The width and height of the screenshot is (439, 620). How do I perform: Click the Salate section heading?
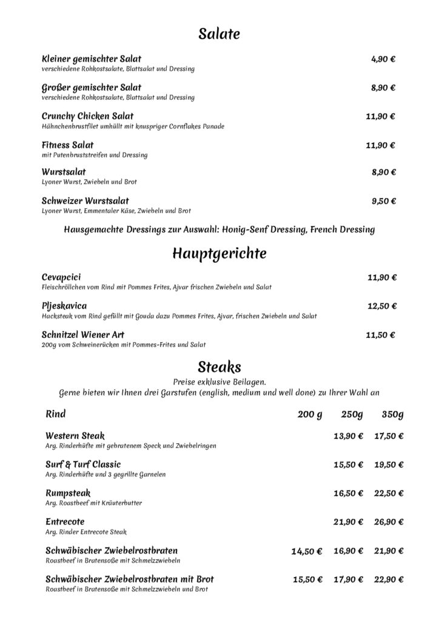tap(219, 35)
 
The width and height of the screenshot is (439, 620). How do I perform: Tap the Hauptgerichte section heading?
tap(219, 252)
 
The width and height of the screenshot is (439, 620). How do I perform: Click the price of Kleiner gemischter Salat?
tap(383, 59)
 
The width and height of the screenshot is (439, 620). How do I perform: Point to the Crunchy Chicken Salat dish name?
tap(88, 116)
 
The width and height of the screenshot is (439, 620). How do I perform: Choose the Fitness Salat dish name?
tap(68, 145)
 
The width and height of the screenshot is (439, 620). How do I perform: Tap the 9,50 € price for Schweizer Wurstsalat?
tap(383, 201)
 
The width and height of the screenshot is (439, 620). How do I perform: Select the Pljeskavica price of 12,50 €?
tap(382, 306)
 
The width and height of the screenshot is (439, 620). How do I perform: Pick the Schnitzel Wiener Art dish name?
tap(84, 334)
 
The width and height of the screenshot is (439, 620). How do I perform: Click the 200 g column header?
tap(309, 415)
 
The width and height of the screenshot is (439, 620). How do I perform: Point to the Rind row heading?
tap(56, 415)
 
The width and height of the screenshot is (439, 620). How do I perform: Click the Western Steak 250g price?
tap(348, 436)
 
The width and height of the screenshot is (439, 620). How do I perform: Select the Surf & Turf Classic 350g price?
tap(389, 464)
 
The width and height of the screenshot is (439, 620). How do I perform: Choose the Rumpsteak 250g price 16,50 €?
tap(348, 493)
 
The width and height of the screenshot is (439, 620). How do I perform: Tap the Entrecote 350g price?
tap(389, 522)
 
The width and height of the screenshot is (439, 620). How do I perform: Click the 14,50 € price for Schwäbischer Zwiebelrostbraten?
tap(307, 551)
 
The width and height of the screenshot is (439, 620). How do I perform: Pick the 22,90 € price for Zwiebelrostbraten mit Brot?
tap(389, 579)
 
